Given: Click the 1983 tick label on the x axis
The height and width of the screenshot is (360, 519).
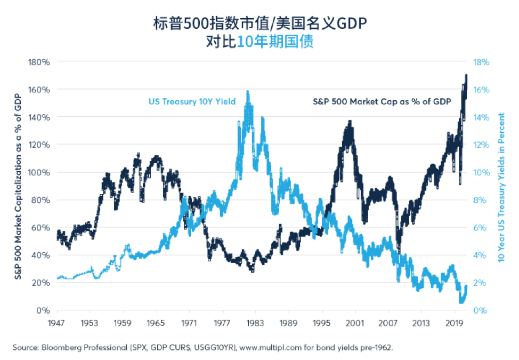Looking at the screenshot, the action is coord(255,323).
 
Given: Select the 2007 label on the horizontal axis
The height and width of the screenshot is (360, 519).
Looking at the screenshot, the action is coord(388,323).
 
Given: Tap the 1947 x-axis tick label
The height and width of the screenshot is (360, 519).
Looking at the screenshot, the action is coord(56,323).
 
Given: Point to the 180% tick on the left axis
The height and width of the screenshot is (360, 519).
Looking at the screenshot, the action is coord(39,62).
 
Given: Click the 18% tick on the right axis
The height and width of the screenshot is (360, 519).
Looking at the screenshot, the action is coord(481,62).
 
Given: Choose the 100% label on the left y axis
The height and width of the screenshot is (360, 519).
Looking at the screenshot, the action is coord(39,172).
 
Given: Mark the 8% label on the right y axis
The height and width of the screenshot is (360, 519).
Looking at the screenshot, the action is coord(480,200).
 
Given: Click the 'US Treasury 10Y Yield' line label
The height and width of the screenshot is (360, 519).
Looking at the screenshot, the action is coord(192,101).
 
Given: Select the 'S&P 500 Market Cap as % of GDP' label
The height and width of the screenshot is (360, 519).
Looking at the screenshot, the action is coord(382,101).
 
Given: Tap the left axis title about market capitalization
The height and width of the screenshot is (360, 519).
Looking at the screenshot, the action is coord(18,187).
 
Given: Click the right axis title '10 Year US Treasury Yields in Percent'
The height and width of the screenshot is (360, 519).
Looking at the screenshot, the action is coord(501,187).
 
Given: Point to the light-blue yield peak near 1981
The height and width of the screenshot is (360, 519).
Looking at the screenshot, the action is coord(248,91).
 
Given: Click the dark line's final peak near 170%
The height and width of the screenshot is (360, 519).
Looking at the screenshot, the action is coord(466,76).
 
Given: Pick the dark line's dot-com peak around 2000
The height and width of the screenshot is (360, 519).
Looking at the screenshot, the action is coord(350,122).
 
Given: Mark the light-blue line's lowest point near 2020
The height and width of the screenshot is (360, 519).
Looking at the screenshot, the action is coord(461,302).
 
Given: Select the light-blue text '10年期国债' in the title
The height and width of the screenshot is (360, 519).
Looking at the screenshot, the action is coord(275,42).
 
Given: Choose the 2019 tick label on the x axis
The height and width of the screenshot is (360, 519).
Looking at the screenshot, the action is coord(455,323).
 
